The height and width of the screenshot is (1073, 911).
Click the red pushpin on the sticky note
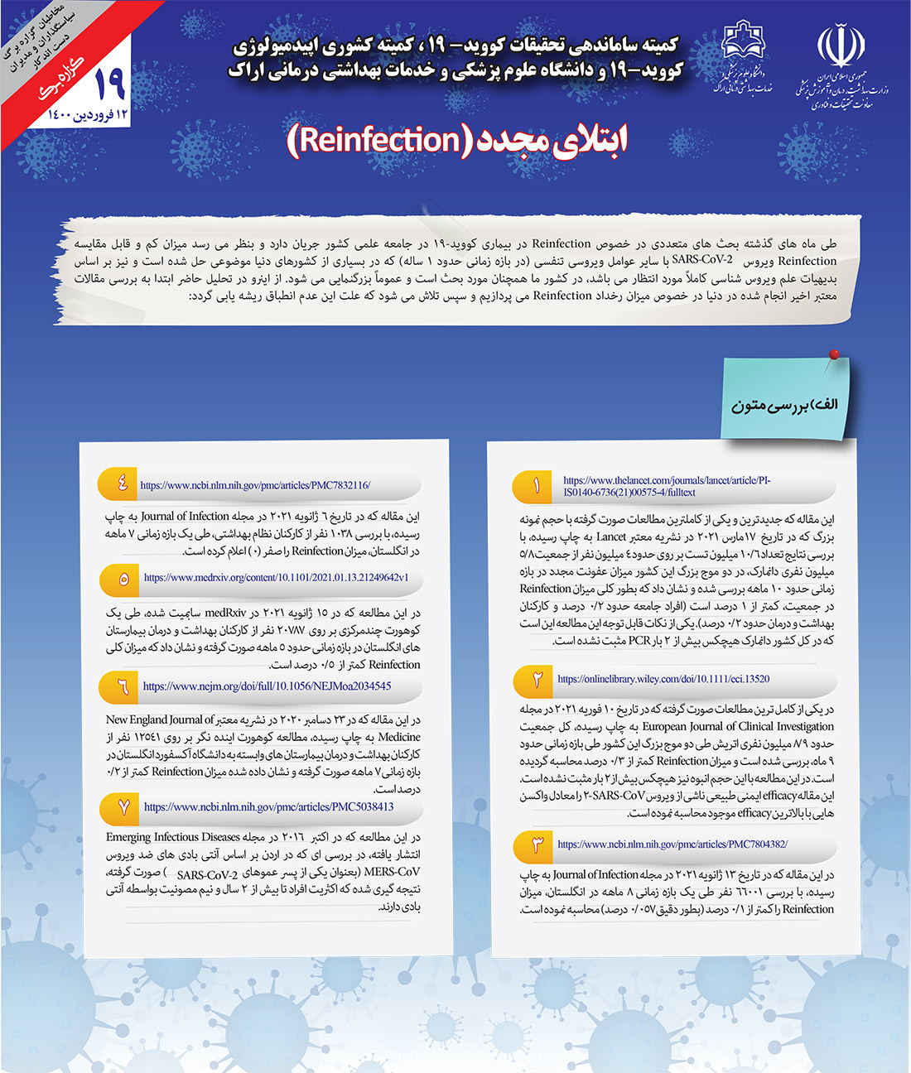(x=834, y=355)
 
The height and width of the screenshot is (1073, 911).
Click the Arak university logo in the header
(x=744, y=46)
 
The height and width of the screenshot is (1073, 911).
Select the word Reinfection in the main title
(x=379, y=140)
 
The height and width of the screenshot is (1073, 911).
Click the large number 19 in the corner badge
(x=109, y=83)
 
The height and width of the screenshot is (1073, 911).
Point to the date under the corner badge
(x=89, y=114)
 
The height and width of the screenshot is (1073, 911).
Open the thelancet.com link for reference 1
(x=667, y=486)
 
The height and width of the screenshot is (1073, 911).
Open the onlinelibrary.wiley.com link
(x=663, y=679)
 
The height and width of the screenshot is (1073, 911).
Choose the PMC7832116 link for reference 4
(x=255, y=485)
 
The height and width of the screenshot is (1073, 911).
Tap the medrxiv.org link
(x=276, y=578)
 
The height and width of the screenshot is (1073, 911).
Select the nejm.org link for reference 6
(x=267, y=686)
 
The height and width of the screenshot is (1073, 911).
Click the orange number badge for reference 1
(x=537, y=486)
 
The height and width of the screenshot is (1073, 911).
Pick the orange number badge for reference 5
(x=123, y=579)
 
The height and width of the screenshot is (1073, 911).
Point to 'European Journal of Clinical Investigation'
(x=739, y=726)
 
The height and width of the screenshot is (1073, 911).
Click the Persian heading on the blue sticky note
(x=784, y=405)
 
